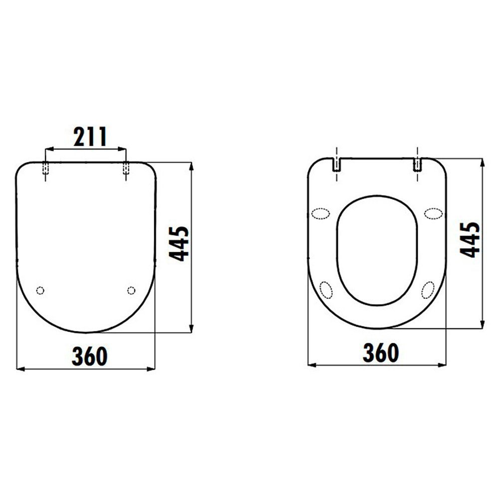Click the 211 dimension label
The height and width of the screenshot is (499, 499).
(x=90, y=137)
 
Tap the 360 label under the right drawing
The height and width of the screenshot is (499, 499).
(x=380, y=352)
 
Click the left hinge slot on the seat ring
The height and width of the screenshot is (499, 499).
(x=337, y=165)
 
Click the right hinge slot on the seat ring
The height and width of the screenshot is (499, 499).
(x=418, y=165)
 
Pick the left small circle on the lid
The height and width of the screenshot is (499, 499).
(x=40, y=290)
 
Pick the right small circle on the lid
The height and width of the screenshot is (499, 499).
(x=131, y=290)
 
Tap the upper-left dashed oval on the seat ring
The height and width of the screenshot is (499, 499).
(x=320, y=214)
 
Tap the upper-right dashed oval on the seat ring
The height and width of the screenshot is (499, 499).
(x=433, y=214)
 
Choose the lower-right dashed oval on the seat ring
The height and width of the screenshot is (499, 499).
(x=428, y=289)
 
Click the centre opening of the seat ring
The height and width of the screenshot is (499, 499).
(x=377, y=249)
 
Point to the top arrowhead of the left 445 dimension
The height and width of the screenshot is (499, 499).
(x=192, y=166)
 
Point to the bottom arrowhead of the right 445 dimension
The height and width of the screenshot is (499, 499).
(x=483, y=325)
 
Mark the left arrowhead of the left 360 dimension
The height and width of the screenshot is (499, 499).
(x=20, y=369)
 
